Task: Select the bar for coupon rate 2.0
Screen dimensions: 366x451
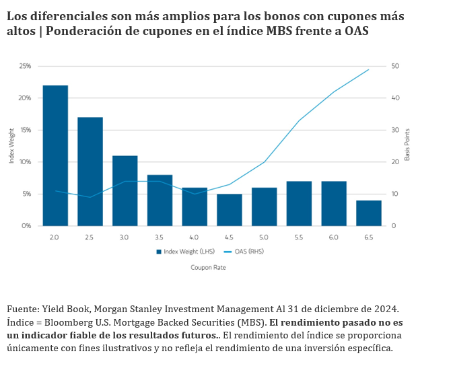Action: (x=55, y=155)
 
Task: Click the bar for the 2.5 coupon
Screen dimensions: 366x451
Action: (x=90, y=172)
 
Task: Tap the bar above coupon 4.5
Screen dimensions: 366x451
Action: (x=230, y=210)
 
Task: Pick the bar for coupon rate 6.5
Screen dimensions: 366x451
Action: (x=369, y=213)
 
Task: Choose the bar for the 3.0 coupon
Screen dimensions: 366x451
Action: (x=125, y=190)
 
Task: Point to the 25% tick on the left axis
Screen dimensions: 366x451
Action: (x=25, y=66)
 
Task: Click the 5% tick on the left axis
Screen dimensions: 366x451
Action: (x=26, y=194)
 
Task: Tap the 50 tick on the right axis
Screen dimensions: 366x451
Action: (x=395, y=66)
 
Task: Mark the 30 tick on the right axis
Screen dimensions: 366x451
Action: (x=395, y=130)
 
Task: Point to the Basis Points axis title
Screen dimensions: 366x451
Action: (x=407, y=144)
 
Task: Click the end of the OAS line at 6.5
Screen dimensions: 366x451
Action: (x=369, y=69)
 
